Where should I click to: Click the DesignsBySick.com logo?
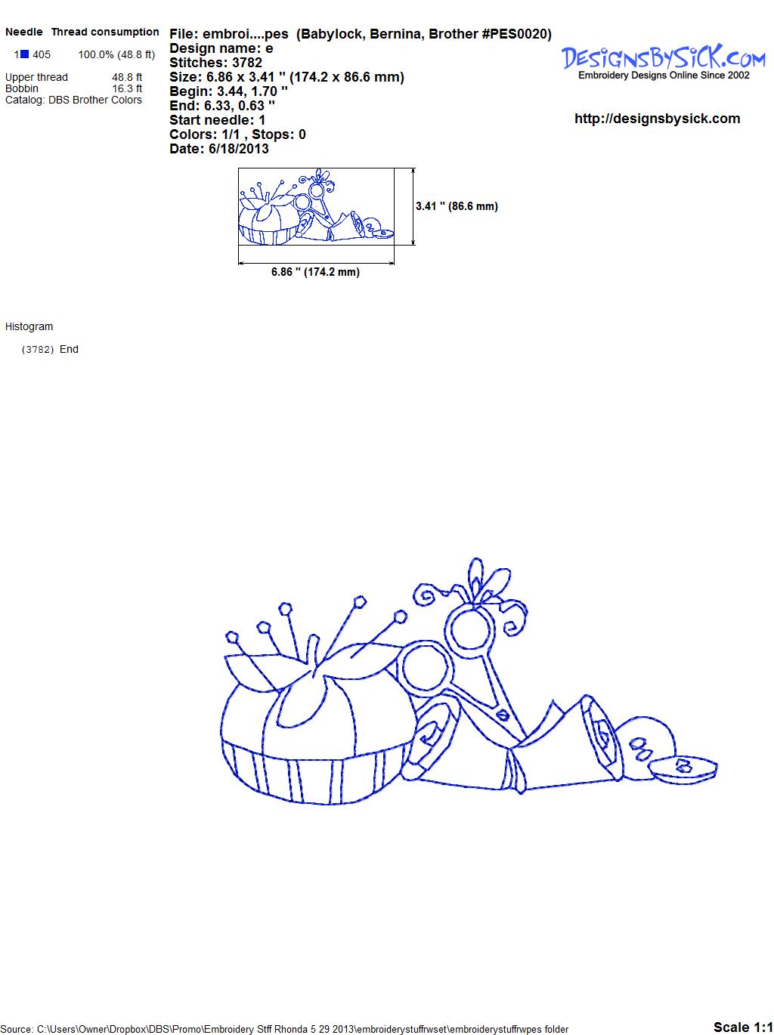coord(663,61)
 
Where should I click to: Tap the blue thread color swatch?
coord(24,54)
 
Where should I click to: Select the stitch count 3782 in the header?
coord(246,63)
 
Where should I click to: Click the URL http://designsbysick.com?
coord(657,119)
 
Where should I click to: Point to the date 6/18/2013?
coord(238,149)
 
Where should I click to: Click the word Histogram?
coord(29,326)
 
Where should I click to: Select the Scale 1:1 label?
coord(743,1027)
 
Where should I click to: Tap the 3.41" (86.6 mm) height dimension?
coord(457,206)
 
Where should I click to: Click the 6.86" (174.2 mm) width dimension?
coord(315,272)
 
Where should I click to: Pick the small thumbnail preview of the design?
coord(316,206)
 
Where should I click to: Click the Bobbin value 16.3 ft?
coord(127,88)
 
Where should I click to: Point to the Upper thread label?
coord(36,77)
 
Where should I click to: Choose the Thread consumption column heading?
coord(105,32)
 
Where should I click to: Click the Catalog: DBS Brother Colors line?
coord(73,100)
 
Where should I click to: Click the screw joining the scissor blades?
coord(503,715)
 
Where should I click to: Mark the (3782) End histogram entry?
coord(50,349)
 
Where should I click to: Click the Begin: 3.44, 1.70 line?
coord(228,91)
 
